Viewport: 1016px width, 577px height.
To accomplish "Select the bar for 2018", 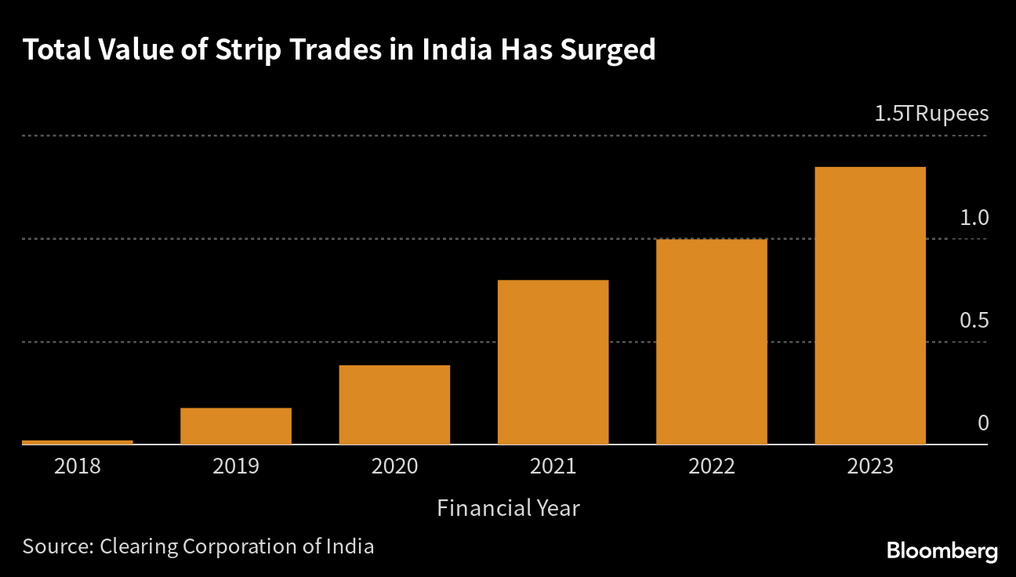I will [x=78, y=442].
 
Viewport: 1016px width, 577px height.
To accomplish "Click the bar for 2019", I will [x=236, y=426].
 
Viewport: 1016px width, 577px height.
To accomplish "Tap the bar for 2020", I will [x=394, y=405].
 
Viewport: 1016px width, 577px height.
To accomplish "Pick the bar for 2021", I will [x=553, y=362].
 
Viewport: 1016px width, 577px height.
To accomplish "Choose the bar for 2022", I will [x=712, y=342].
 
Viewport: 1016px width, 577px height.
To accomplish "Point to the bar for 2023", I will [x=870, y=306].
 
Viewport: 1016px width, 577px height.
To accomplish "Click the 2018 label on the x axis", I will [x=78, y=466].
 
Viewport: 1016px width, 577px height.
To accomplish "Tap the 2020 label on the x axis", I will [x=394, y=466].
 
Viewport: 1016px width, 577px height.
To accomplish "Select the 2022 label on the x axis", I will [x=712, y=466].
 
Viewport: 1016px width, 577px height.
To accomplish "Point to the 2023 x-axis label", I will [x=870, y=466].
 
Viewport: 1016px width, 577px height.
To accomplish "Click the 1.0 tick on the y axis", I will [x=974, y=218].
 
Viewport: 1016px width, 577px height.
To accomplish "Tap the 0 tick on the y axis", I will [x=983, y=423].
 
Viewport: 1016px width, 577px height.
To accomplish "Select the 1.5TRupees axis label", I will [x=931, y=114].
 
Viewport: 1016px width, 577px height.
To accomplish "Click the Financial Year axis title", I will [x=508, y=508].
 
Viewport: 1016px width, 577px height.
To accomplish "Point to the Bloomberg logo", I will [x=942, y=551].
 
